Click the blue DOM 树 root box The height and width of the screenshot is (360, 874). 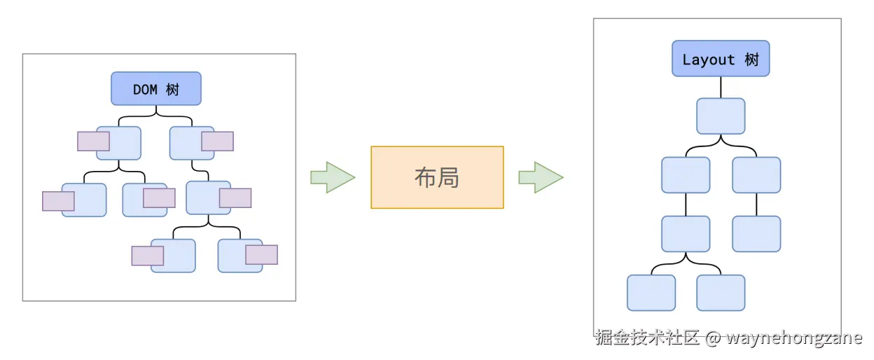click(x=156, y=89)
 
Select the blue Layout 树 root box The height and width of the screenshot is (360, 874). click(x=721, y=59)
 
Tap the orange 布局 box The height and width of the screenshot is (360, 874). click(x=437, y=177)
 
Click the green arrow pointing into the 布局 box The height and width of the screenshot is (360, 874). click(x=332, y=177)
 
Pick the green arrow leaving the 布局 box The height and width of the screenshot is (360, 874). click(x=540, y=177)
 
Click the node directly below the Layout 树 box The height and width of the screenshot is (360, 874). click(x=721, y=116)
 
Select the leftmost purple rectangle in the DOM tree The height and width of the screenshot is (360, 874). click(x=58, y=201)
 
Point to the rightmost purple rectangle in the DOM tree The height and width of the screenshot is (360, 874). click(x=261, y=254)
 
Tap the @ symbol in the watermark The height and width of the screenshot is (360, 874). click(x=713, y=338)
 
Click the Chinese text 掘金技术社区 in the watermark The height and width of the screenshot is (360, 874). click(x=648, y=338)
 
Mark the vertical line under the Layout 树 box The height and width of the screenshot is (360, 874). click(x=721, y=87)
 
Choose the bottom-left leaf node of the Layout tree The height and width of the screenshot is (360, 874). click(x=651, y=293)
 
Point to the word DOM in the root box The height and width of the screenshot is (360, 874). click(x=145, y=90)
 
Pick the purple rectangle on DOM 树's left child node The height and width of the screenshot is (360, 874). click(x=93, y=141)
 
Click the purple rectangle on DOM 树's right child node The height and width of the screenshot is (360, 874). click(x=217, y=141)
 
